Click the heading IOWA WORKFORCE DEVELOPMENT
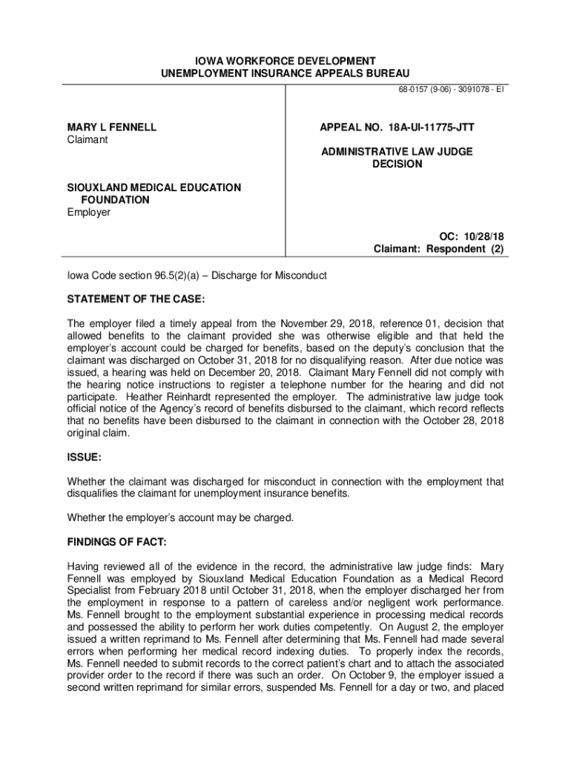[x=285, y=60]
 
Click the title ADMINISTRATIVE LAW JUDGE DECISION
[x=397, y=158]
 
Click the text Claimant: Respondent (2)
[x=438, y=249]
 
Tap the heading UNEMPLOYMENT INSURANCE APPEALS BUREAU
[x=285, y=73]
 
